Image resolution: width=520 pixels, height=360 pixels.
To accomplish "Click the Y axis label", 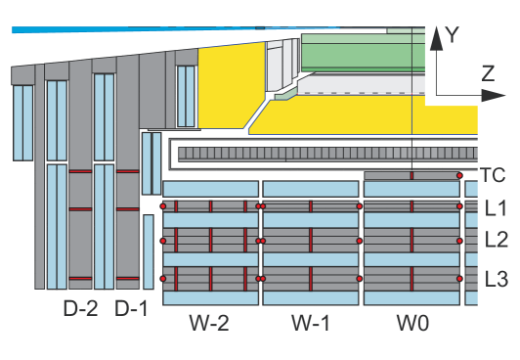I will [x=453, y=35].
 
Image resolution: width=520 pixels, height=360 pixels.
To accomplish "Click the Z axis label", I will [x=487, y=71].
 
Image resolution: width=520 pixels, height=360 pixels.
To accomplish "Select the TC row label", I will [x=494, y=176].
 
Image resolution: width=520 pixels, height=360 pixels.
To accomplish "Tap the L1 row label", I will [x=496, y=207].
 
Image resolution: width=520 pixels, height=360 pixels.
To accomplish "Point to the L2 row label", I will [x=496, y=240].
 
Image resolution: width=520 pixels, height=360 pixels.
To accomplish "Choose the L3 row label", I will [x=496, y=280].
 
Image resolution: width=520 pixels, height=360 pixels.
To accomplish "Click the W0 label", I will [x=411, y=322].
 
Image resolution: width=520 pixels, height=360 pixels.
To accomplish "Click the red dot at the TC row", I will [x=458, y=176].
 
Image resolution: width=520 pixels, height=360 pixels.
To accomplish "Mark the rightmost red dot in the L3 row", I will [x=458, y=280].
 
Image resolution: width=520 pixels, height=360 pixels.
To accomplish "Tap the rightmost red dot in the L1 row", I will [x=458, y=206].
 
